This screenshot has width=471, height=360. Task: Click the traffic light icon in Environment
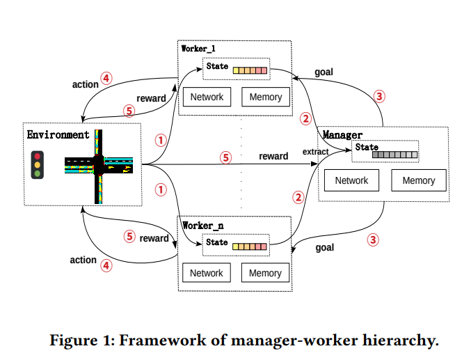click(37, 165)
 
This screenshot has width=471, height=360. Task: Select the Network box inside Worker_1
click(207, 97)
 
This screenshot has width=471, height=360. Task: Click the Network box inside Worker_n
click(207, 273)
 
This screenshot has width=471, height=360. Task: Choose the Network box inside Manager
click(351, 180)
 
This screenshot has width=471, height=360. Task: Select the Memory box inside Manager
click(418, 180)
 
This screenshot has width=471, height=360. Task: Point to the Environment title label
click(58, 134)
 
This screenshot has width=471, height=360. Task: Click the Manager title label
click(342, 133)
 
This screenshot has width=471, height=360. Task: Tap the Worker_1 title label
click(200, 49)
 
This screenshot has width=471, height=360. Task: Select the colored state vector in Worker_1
click(250, 70)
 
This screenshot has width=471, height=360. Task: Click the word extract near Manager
click(315, 152)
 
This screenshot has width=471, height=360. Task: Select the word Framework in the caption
click(165, 341)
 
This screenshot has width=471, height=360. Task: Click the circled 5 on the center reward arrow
click(225, 157)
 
